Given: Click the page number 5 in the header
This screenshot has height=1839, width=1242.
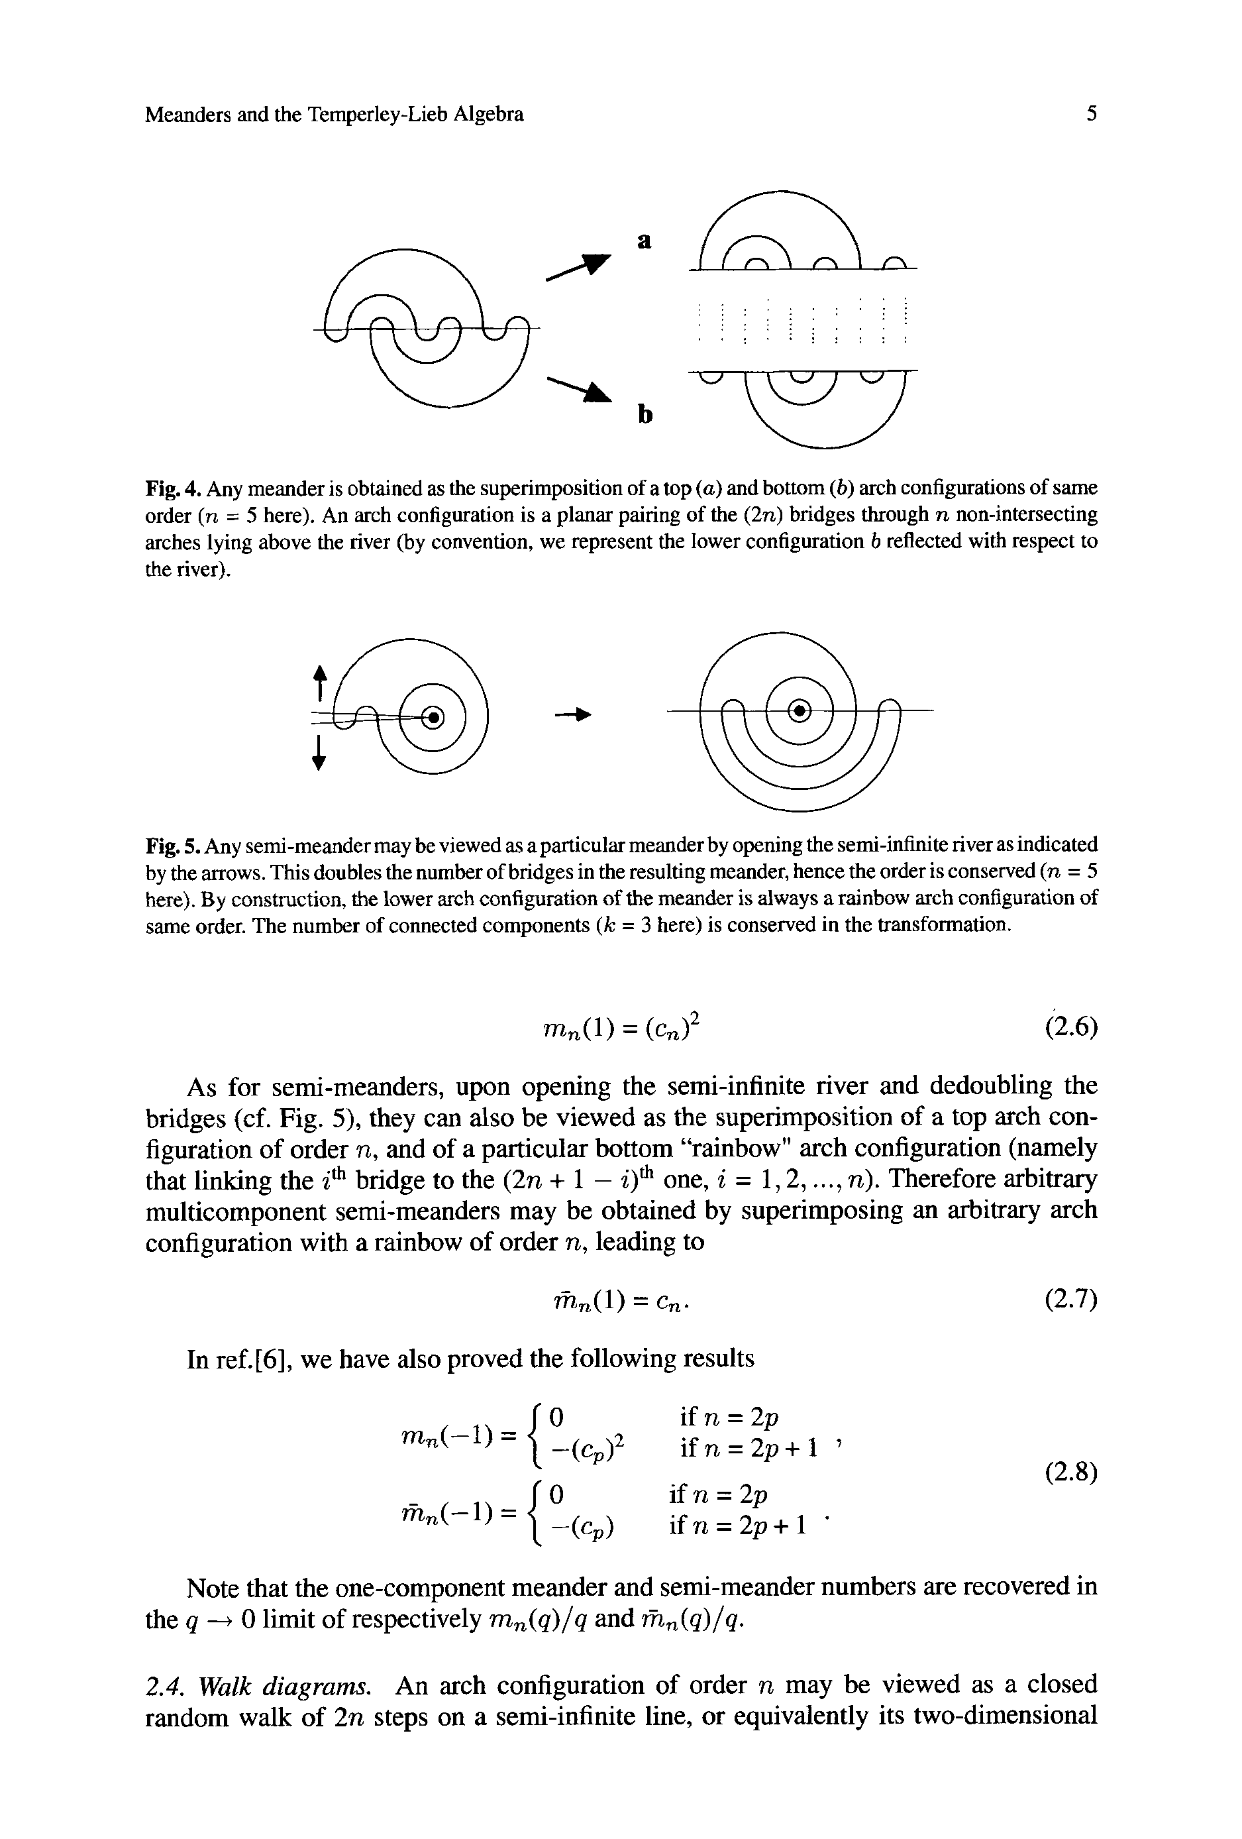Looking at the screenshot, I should click(1092, 115).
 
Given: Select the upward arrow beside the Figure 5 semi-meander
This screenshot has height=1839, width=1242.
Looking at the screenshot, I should click(319, 681).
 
